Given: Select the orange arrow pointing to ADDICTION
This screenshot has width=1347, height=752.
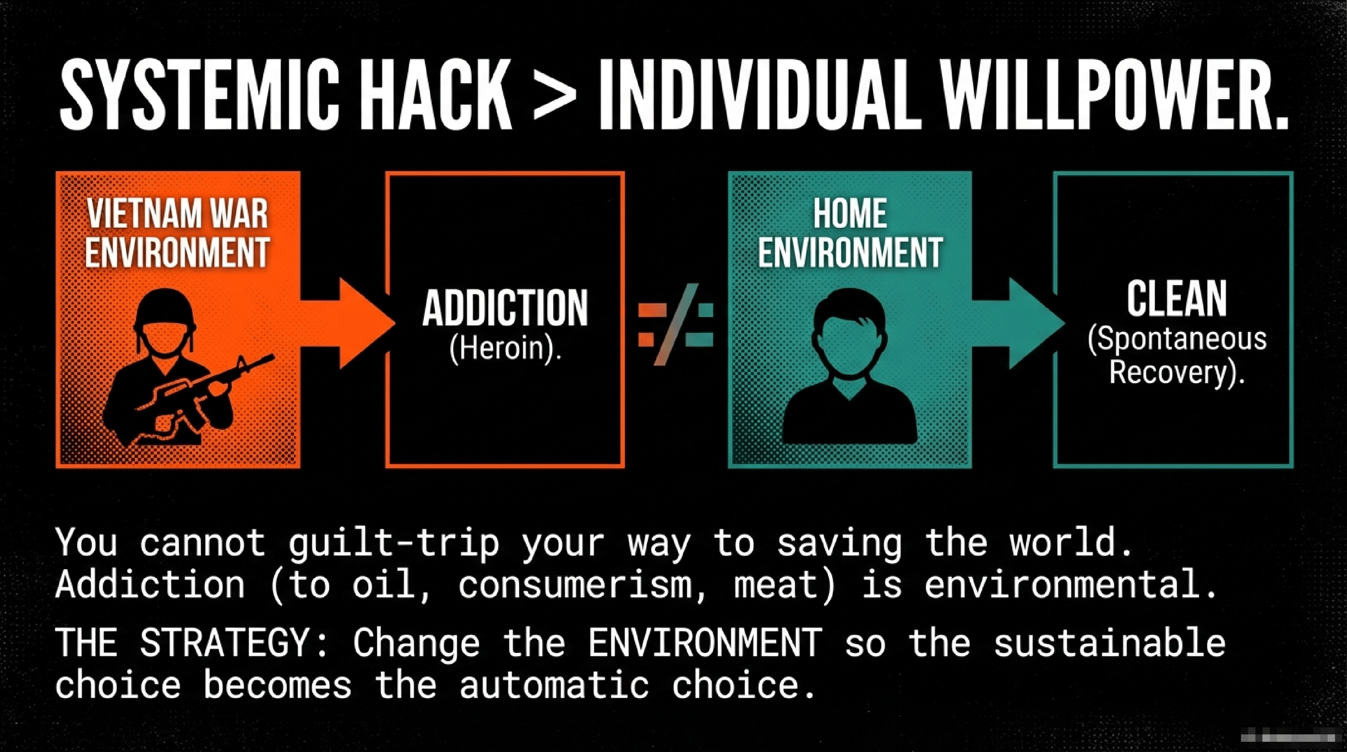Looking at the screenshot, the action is [348, 323].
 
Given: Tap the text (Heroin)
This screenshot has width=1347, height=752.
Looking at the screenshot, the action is [505, 348].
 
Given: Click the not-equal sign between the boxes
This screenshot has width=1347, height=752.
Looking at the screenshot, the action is [675, 324].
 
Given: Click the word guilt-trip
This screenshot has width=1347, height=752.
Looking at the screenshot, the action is [394, 544].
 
